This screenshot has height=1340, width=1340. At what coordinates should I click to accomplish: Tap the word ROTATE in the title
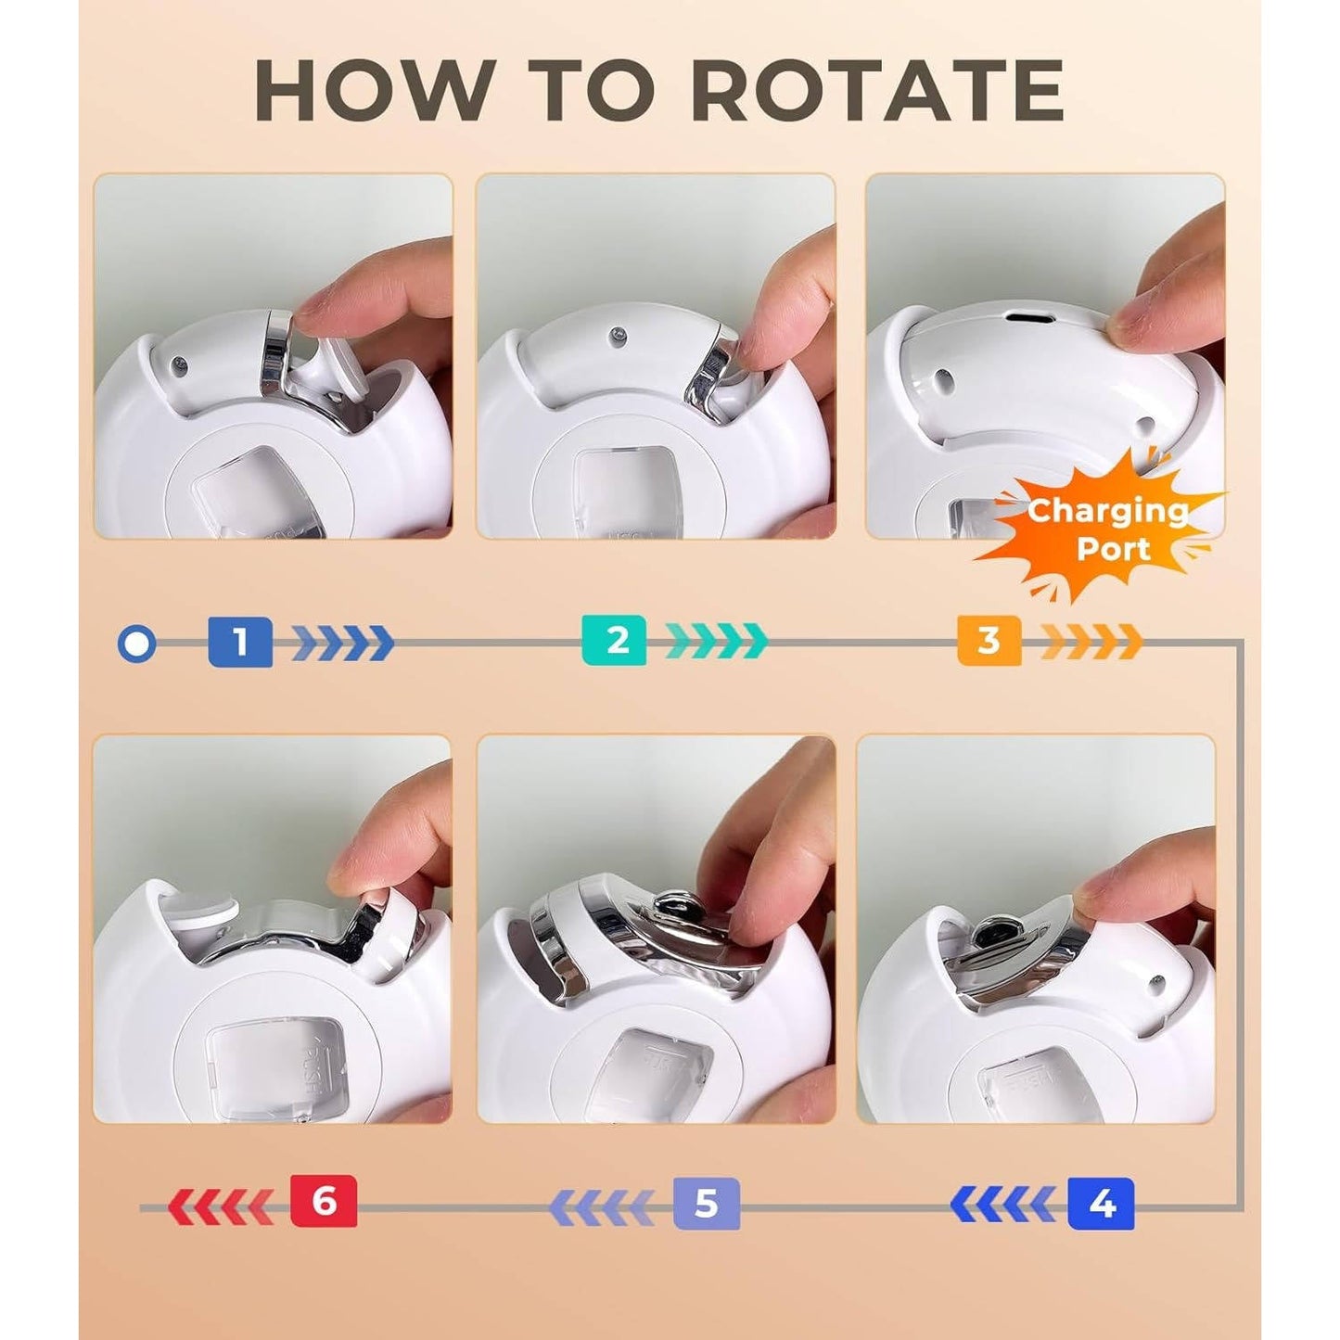877,90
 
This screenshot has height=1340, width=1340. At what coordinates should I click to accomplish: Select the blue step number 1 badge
240,642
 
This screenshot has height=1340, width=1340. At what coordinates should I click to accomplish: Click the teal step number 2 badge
614,641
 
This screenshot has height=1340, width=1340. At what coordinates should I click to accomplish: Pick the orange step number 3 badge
989,641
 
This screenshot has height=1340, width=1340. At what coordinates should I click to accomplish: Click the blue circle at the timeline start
136,644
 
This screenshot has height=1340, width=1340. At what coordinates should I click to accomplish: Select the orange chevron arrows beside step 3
1091,642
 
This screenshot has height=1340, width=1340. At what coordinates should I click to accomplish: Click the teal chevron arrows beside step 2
717,642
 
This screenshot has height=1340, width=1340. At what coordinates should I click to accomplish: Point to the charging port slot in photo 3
1029,317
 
